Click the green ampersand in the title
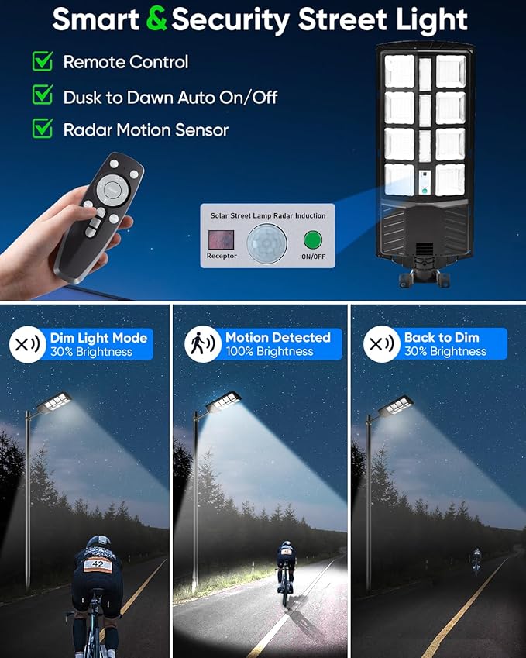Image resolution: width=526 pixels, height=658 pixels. coord(156,20)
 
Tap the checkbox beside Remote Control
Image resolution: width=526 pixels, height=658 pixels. coord(42,61)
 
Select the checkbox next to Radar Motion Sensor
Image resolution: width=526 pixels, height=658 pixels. coord(42,129)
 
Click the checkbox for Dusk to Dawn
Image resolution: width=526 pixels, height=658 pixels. coord(42,95)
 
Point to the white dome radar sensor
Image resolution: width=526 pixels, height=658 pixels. coord(267,243)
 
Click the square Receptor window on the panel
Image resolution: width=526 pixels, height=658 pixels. coord(221,237)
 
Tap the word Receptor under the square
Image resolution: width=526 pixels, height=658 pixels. coord(222,256)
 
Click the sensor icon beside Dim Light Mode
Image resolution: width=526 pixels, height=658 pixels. coord(27,344)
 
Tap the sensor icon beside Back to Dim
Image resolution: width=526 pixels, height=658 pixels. coord(381,344)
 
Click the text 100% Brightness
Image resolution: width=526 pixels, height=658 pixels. coord(269,352)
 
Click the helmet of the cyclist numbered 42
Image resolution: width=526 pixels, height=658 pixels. coord(98,543)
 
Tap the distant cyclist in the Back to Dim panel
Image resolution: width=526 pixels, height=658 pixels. coord(476,560)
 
